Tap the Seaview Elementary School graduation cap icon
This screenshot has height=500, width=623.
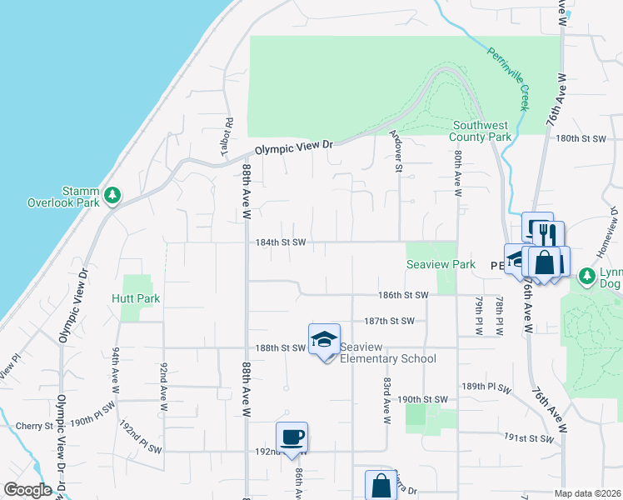coord(324,339)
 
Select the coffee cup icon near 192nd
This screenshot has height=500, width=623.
coord(292,437)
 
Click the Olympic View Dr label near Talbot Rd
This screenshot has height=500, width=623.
coord(293,147)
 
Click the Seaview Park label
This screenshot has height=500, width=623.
coord(441,265)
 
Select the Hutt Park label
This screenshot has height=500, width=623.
coord(136,298)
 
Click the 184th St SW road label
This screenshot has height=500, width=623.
coord(281,242)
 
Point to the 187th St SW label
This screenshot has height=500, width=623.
coord(389,321)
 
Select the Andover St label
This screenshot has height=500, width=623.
coord(398,153)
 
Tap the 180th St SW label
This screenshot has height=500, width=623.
coord(584,138)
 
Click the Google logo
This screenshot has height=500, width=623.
coord(28,490)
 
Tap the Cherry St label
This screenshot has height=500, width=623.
coord(34,426)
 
